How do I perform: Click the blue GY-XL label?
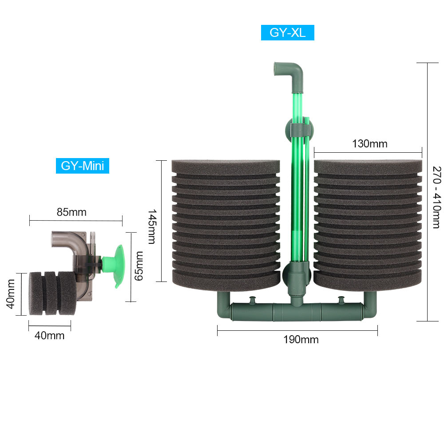pos(287,32)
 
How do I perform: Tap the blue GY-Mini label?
pos(83,166)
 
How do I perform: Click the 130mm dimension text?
pos(369,143)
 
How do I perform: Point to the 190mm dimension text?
pos(301,339)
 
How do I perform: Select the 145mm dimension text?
pos(152,226)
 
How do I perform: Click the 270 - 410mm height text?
pos(437,198)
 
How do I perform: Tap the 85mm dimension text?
pos(71,212)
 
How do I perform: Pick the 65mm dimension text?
pos(139,266)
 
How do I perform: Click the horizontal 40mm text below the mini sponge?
pos(50,336)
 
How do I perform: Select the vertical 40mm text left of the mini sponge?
pos(11,293)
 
